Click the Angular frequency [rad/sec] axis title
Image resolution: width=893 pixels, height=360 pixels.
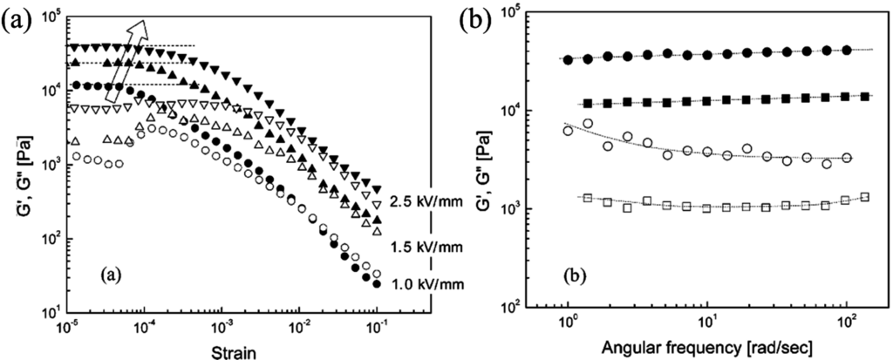coord(707,348)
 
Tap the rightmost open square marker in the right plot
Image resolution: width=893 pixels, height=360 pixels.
coord(865,197)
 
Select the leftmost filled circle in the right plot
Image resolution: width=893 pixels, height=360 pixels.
coord(569,60)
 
